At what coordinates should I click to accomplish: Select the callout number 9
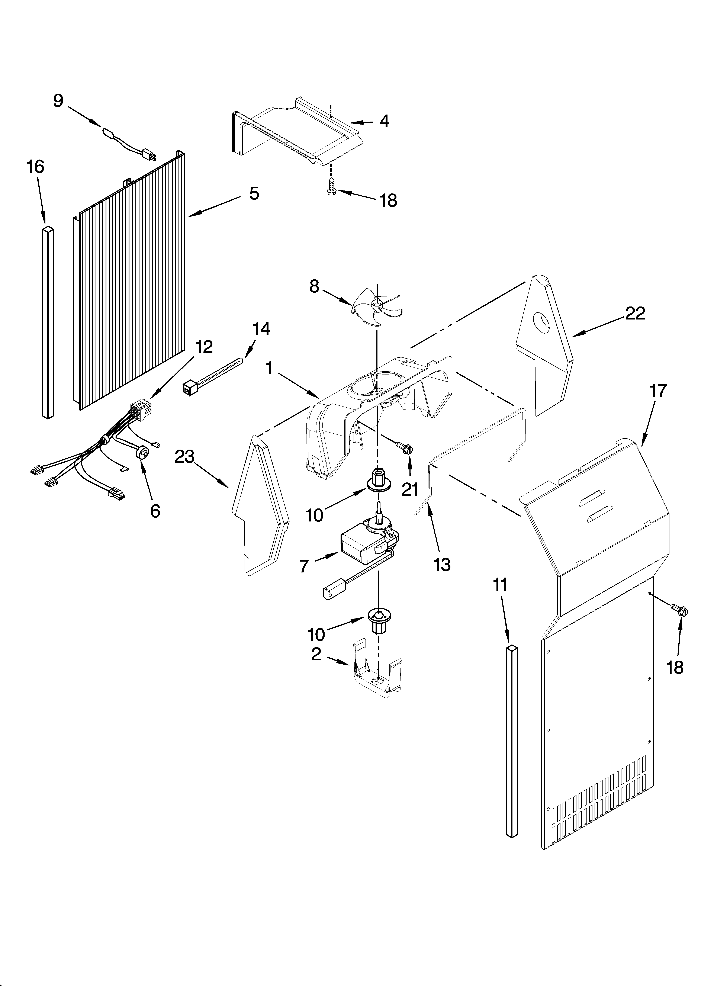[x=58, y=101]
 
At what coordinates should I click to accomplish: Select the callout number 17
[x=657, y=391]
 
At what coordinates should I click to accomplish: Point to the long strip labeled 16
[x=48, y=322]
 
